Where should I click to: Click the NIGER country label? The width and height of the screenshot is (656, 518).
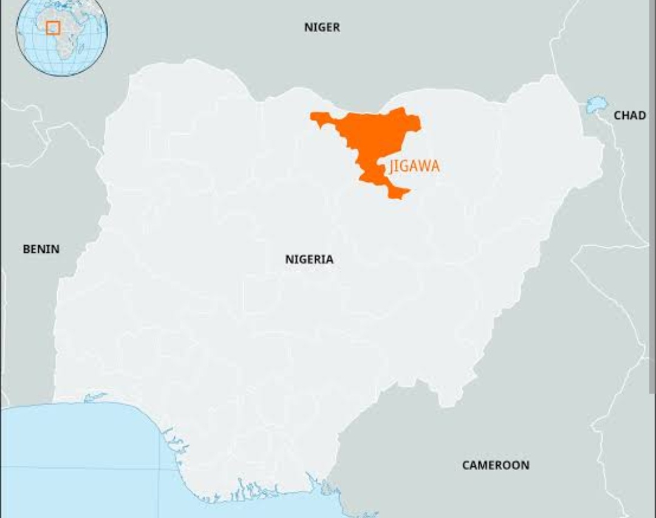click(x=322, y=27)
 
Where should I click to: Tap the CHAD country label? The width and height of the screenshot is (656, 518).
click(x=630, y=115)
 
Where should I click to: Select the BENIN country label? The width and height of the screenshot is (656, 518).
click(x=41, y=249)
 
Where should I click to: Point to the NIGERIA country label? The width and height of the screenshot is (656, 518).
click(x=309, y=260)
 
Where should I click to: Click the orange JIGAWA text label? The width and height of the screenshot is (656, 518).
click(x=415, y=166)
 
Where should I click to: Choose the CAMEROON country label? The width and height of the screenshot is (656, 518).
click(x=496, y=465)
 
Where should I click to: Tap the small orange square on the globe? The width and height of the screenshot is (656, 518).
click(x=53, y=28)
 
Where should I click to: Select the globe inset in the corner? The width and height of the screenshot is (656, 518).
click(x=61, y=38)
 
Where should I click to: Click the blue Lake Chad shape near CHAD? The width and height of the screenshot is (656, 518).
click(x=596, y=105)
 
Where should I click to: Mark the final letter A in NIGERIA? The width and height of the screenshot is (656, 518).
click(x=329, y=260)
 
